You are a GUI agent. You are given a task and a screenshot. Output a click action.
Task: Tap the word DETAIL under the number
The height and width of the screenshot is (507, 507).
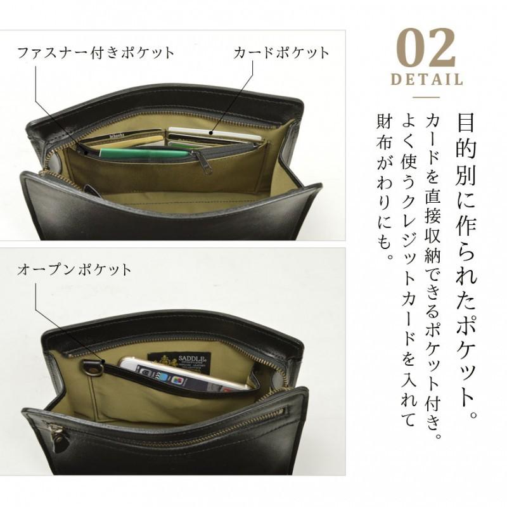pos(426,80)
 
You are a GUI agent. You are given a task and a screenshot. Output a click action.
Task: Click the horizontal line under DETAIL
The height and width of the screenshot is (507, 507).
pos(426,97)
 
